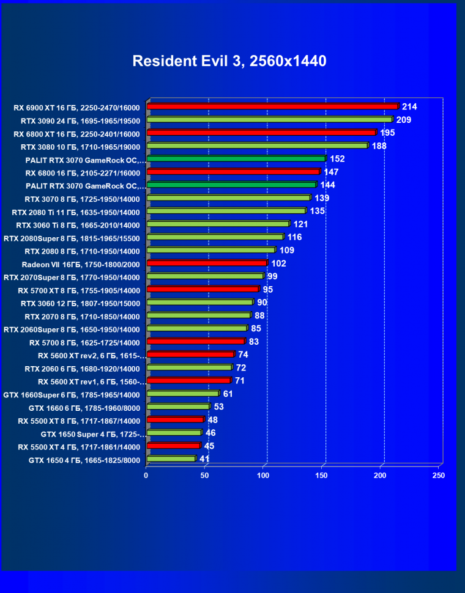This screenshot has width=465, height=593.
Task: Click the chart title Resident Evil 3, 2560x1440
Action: [x=229, y=61]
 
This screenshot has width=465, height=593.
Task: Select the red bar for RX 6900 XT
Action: [x=272, y=106]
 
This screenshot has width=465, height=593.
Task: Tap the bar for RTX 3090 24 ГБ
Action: [x=269, y=120]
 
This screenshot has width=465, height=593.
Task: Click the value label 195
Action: [x=388, y=133]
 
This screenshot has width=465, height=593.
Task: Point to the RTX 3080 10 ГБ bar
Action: [x=257, y=146]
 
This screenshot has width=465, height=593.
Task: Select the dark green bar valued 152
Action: [x=236, y=159]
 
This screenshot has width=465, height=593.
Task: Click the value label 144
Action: [x=328, y=185]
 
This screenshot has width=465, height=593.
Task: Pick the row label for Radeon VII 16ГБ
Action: [x=81, y=264]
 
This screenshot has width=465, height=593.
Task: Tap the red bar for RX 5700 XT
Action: [x=203, y=289]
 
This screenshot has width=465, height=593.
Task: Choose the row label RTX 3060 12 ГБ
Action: [x=80, y=303]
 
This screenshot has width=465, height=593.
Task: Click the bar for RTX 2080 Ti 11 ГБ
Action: [x=226, y=211]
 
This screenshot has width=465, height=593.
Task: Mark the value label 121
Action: [x=301, y=224]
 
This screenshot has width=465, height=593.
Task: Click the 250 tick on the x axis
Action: [x=438, y=475]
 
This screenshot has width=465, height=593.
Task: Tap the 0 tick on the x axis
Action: [x=146, y=475]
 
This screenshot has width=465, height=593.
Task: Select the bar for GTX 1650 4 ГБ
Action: [x=171, y=459]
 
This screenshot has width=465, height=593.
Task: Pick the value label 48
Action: [x=212, y=420]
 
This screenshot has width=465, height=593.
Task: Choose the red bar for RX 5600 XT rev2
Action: [x=190, y=355]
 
